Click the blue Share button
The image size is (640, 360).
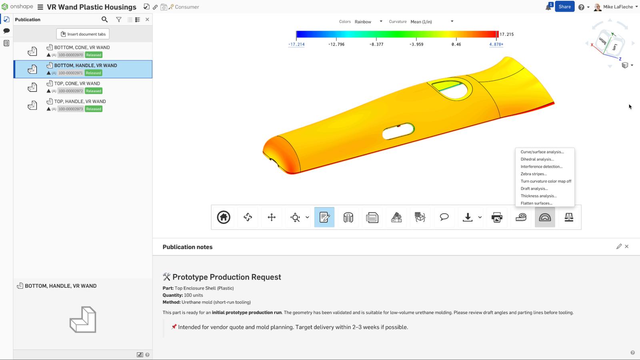click(x=564, y=7)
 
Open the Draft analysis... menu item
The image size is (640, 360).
click(x=534, y=188)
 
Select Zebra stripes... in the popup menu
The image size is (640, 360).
click(x=533, y=174)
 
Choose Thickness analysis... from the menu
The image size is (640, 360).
click(x=538, y=196)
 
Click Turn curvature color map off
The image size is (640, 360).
click(x=546, y=181)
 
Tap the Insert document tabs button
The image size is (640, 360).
click(x=83, y=34)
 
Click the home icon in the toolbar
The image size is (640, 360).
click(x=224, y=217)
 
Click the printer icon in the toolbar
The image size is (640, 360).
click(x=496, y=217)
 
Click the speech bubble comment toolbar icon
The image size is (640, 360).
click(x=444, y=217)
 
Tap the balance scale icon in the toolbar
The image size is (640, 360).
click(x=568, y=217)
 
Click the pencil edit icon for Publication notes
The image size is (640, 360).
click(x=619, y=246)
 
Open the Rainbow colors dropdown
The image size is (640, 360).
click(x=368, y=22)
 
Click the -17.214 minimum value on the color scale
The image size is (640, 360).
click(x=296, y=44)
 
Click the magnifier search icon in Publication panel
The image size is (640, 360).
click(x=104, y=19)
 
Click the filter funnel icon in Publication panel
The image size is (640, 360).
click(x=119, y=19)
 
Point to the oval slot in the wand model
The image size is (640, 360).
click(x=398, y=131)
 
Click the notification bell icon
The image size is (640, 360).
click(x=548, y=7)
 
